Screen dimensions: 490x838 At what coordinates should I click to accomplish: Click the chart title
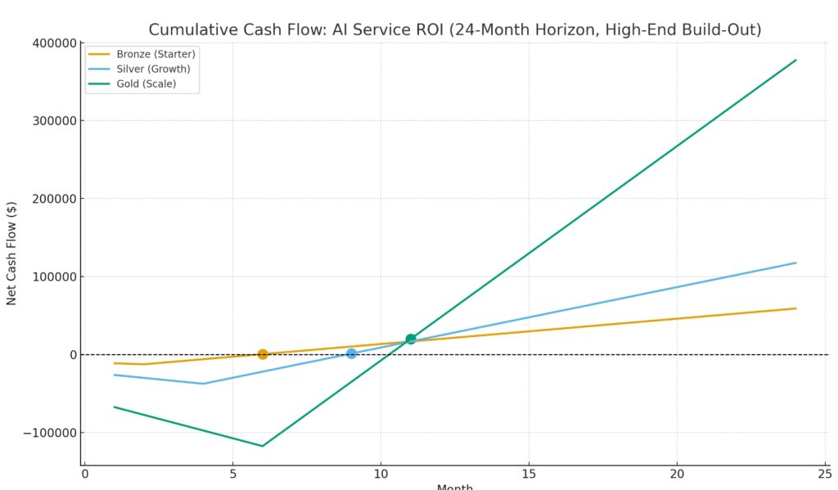(x=455, y=30)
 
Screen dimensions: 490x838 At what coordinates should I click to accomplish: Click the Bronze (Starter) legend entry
(x=155, y=54)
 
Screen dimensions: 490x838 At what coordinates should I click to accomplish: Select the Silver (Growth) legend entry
(x=153, y=69)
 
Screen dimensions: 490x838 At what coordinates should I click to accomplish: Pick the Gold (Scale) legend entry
(x=146, y=83)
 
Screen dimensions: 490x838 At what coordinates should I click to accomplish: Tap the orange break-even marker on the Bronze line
(x=263, y=354)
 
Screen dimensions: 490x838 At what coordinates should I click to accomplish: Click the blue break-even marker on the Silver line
(x=351, y=353)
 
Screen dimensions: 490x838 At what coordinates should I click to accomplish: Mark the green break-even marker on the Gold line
(x=411, y=339)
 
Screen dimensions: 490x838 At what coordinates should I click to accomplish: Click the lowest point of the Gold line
(x=263, y=446)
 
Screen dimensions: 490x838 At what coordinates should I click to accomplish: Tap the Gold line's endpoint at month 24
(x=795, y=60)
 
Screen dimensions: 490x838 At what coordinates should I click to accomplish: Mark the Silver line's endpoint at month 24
(x=795, y=263)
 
